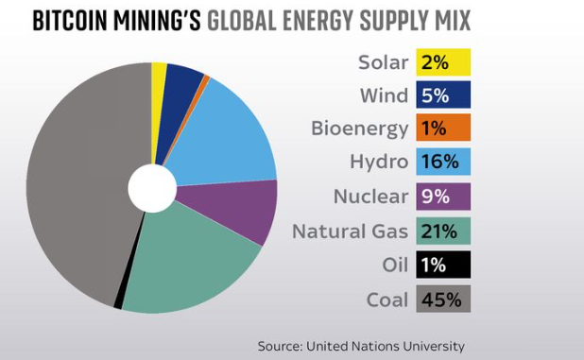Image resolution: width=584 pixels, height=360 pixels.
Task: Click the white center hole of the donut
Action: coord(151,188)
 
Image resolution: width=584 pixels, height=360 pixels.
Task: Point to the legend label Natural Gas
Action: coord(350,231)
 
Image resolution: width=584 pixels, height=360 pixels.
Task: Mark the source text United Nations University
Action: coord(386,346)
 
